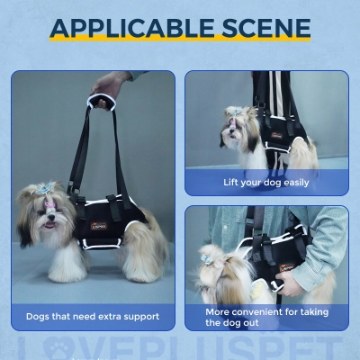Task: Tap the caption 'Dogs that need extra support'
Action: pos(93,317)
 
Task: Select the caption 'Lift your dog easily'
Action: pos(266,183)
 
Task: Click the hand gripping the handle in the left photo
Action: pos(108,86)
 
